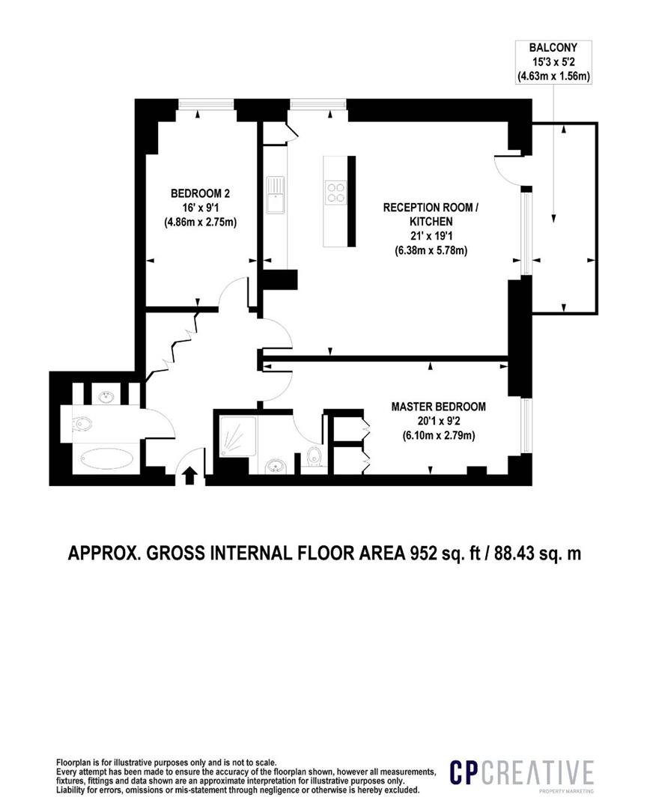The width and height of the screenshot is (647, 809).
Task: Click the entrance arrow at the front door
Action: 189,474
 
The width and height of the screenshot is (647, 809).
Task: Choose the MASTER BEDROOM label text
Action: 438,407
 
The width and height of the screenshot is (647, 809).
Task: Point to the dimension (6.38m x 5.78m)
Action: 431,250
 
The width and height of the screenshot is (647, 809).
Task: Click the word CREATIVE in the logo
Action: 538,772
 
